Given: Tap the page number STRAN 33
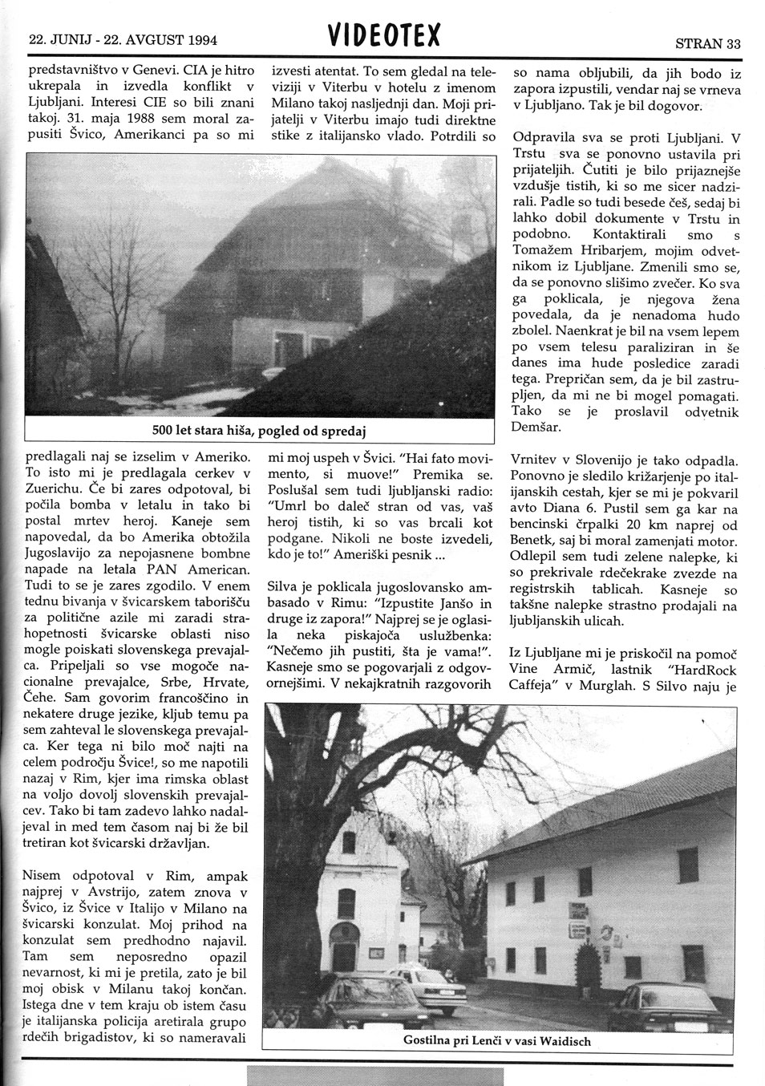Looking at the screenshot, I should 707,43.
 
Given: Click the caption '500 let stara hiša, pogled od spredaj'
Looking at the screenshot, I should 259,431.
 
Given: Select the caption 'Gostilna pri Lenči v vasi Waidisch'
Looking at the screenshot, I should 497,1041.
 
